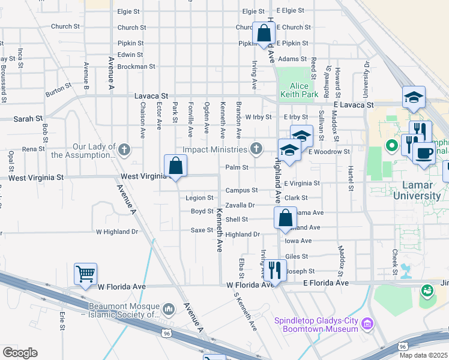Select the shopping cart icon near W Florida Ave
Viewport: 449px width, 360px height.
click(x=85, y=274)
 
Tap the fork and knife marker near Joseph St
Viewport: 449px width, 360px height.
click(x=273, y=270)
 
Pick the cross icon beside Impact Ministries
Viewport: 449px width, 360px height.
click(x=256, y=149)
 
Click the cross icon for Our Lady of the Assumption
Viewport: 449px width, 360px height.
click(x=124, y=149)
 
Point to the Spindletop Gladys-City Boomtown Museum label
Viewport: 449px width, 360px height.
click(x=317, y=324)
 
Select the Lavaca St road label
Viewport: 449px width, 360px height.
click(x=151, y=95)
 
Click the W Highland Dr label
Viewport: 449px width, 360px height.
click(x=117, y=232)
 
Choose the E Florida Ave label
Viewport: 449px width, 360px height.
click(x=326, y=283)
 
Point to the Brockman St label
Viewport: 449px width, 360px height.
click(x=137, y=67)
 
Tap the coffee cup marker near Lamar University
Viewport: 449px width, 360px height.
click(x=424, y=152)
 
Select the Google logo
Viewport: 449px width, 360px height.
click(x=20, y=353)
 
